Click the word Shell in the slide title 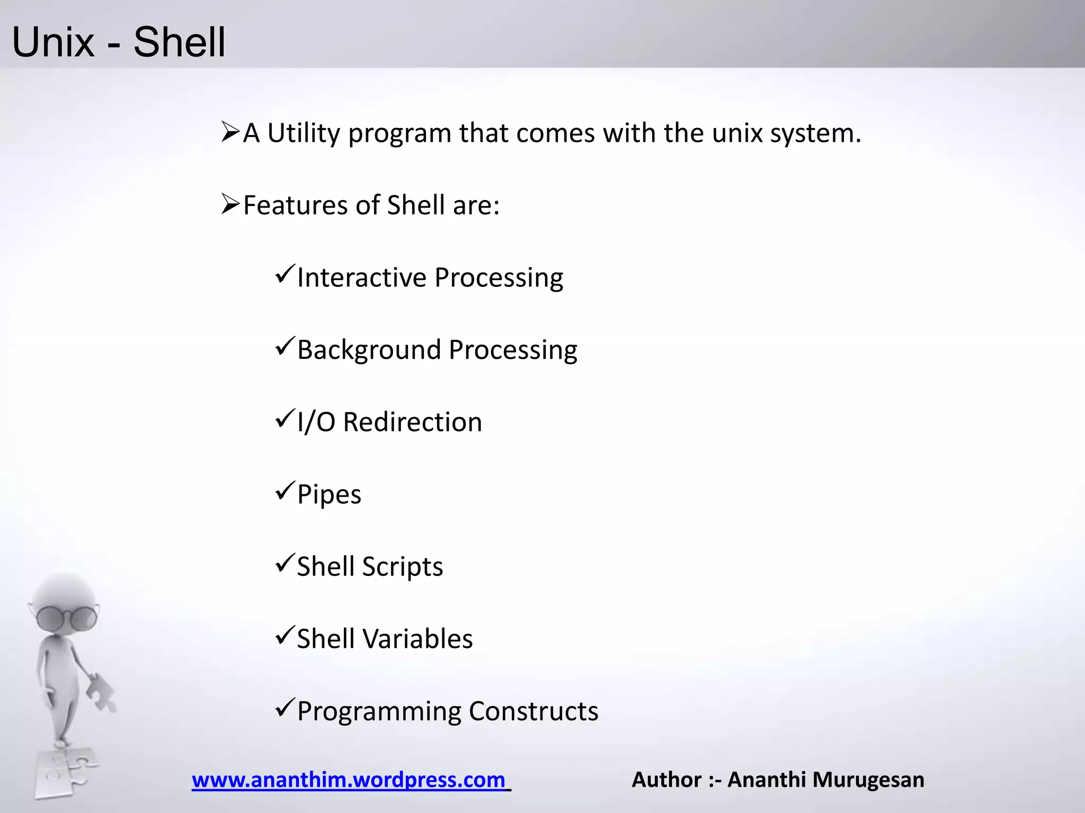(x=179, y=42)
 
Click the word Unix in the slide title (x=53, y=42)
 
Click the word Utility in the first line (x=303, y=133)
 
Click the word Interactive (x=361, y=277)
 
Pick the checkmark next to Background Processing (x=285, y=347)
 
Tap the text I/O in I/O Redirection (x=316, y=422)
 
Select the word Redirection (x=412, y=422)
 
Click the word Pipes (x=329, y=495)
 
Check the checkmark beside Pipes (x=285, y=491)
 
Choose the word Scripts (x=402, y=567)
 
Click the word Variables (x=417, y=639)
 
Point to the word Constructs (x=533, y=711)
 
